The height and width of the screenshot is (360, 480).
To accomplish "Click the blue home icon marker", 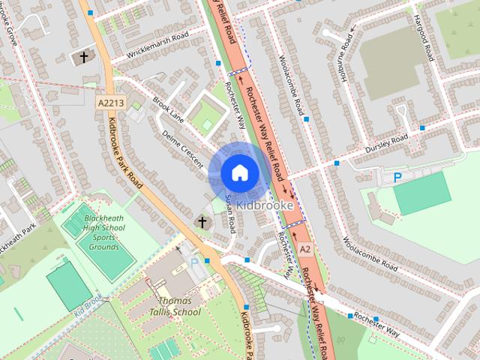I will pos(239,172).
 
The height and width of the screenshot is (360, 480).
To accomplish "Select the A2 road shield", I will pos(304,248).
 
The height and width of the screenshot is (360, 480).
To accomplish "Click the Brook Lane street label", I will pos(168,109).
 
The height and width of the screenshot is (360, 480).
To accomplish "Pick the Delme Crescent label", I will pos(181,144).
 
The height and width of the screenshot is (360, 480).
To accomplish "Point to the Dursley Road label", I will pos(386,141).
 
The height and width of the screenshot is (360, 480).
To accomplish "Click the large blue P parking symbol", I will pos(398,178).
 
